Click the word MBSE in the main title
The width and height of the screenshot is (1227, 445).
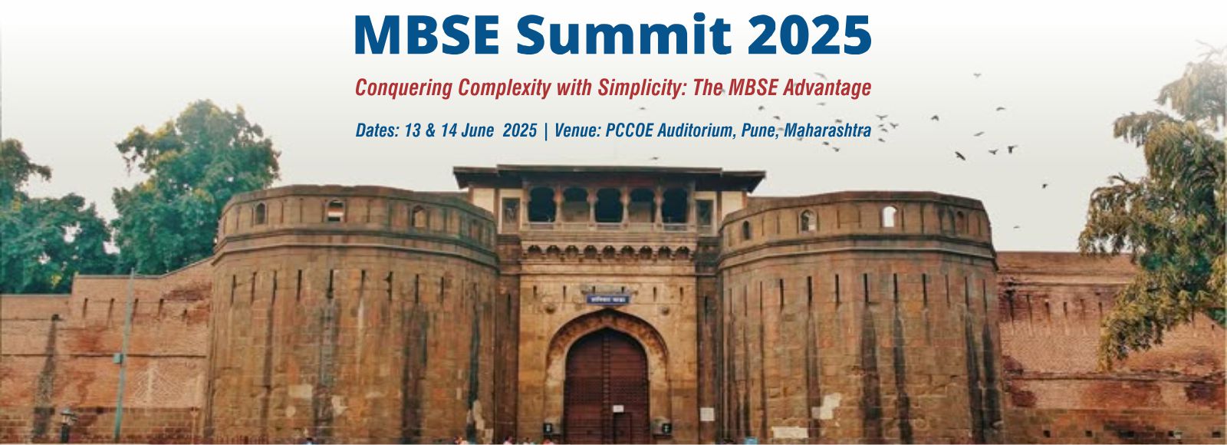tap(426, 35)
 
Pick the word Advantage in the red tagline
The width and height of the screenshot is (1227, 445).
tap(827, 87)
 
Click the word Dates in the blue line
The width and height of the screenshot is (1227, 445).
tap(377, 130)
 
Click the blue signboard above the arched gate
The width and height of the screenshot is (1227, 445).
tap(608, 298)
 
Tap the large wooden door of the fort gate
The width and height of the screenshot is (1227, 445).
tap(607, 387)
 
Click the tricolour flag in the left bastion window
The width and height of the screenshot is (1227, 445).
tap(335, 210)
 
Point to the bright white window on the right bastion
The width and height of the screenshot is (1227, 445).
tap(889, 216)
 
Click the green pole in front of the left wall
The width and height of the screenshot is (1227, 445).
tap(124, 356)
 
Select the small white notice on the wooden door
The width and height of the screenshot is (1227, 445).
tap(618, 408)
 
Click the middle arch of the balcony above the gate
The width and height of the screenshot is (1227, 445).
tap(608, 205)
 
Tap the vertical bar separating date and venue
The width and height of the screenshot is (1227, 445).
tap(545, 131)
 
